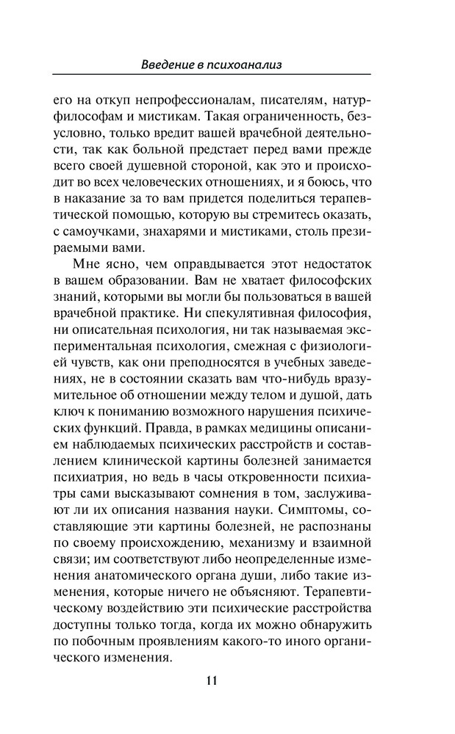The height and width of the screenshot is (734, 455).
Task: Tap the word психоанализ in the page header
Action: click(247, 65)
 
